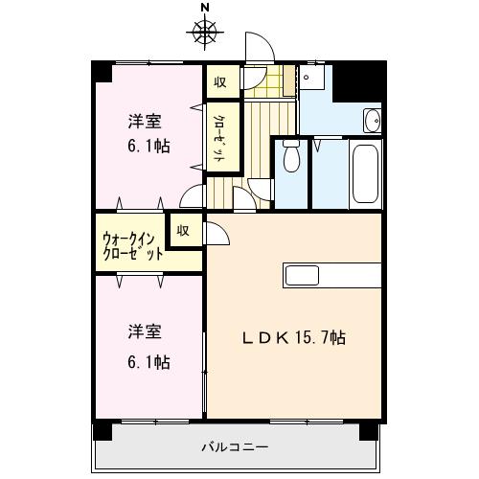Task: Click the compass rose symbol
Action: (x=204, y=33)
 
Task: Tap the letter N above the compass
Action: (x=204, y=9)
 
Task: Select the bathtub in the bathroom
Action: (x=365, y=173)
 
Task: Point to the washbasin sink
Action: (x=372, y=121)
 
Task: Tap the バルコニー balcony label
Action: (x=235, y=446)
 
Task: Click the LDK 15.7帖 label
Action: (x=293, y=338)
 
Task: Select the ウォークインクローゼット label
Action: (x=132, y=248)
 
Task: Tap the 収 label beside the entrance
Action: (x=220, y=82)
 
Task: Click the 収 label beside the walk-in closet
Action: (x=182, y=230)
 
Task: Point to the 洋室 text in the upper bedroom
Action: (x=146, y=122)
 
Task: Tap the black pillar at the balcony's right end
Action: (x=367, y=431)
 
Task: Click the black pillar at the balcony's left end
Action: (x=101, y=431)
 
